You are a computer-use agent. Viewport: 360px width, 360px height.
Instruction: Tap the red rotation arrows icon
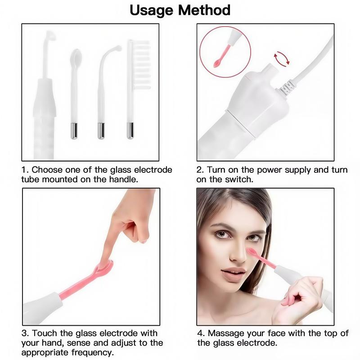[282, 58]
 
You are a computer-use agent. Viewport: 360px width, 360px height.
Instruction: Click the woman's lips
[234, 273]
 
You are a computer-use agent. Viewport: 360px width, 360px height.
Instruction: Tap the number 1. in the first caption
[25, 170]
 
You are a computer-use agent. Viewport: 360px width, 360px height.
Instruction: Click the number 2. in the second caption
[200, 170]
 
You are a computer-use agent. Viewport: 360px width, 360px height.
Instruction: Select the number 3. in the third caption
[25, 333]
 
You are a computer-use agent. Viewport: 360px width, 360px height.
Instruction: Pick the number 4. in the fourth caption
[201, 333]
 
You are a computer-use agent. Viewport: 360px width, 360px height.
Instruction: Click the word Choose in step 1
[46, 170]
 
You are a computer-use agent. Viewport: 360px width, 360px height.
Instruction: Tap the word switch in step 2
[242, 179]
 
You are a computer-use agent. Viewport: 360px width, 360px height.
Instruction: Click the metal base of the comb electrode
[130, 131]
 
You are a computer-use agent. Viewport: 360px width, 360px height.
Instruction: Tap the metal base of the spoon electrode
[73, 131]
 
